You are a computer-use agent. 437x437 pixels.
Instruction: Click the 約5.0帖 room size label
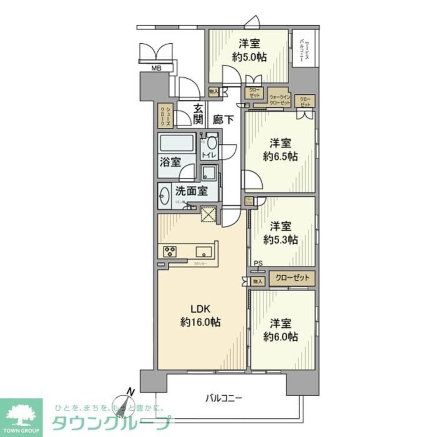pos(250,57)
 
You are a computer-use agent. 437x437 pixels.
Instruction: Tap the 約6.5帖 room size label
pos(280,156)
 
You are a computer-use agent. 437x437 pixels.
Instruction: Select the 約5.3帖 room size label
pos(280,239)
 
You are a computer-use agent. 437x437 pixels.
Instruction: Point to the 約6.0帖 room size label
pos(280,336)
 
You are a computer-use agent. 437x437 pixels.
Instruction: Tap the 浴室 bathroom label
pos(170,162)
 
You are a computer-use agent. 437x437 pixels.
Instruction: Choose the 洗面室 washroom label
pos(191,191)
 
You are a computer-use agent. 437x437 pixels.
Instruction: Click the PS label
pos(258,263)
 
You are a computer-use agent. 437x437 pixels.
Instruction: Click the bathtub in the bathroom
pos(177,143)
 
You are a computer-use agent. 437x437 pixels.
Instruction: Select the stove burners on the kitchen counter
pos(170,251)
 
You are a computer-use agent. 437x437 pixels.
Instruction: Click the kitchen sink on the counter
pos(204,251)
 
